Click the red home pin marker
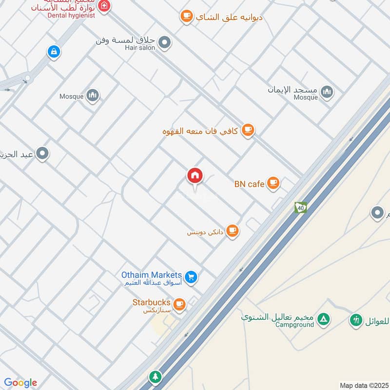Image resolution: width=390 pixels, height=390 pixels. (195, 175)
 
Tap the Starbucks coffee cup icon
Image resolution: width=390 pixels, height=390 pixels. (179, 304)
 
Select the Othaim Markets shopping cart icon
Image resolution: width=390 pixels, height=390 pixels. (192, 276)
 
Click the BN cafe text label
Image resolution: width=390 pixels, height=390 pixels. (249, 184)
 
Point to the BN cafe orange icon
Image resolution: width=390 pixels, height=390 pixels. (273, 183)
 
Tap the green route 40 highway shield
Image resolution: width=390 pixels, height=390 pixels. (300, 208)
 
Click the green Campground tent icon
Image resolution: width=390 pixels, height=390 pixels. (323, 320)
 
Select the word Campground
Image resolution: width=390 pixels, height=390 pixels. (294, 325)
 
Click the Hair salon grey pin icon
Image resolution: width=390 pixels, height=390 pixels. (165, 42)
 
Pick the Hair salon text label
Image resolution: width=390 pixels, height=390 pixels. (140, 48)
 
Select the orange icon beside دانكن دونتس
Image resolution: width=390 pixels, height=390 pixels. (233, 231)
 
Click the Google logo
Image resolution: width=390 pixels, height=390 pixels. (20, 383)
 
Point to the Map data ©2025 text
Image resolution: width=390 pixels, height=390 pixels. (363, 385)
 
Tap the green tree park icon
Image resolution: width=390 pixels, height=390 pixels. (155, 376)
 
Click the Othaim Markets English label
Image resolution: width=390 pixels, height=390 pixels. (152, 275)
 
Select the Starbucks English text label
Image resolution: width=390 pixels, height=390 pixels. (152, 302)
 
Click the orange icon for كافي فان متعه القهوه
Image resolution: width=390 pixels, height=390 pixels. (248, 130)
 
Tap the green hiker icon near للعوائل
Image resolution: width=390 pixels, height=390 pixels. (356, 320)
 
